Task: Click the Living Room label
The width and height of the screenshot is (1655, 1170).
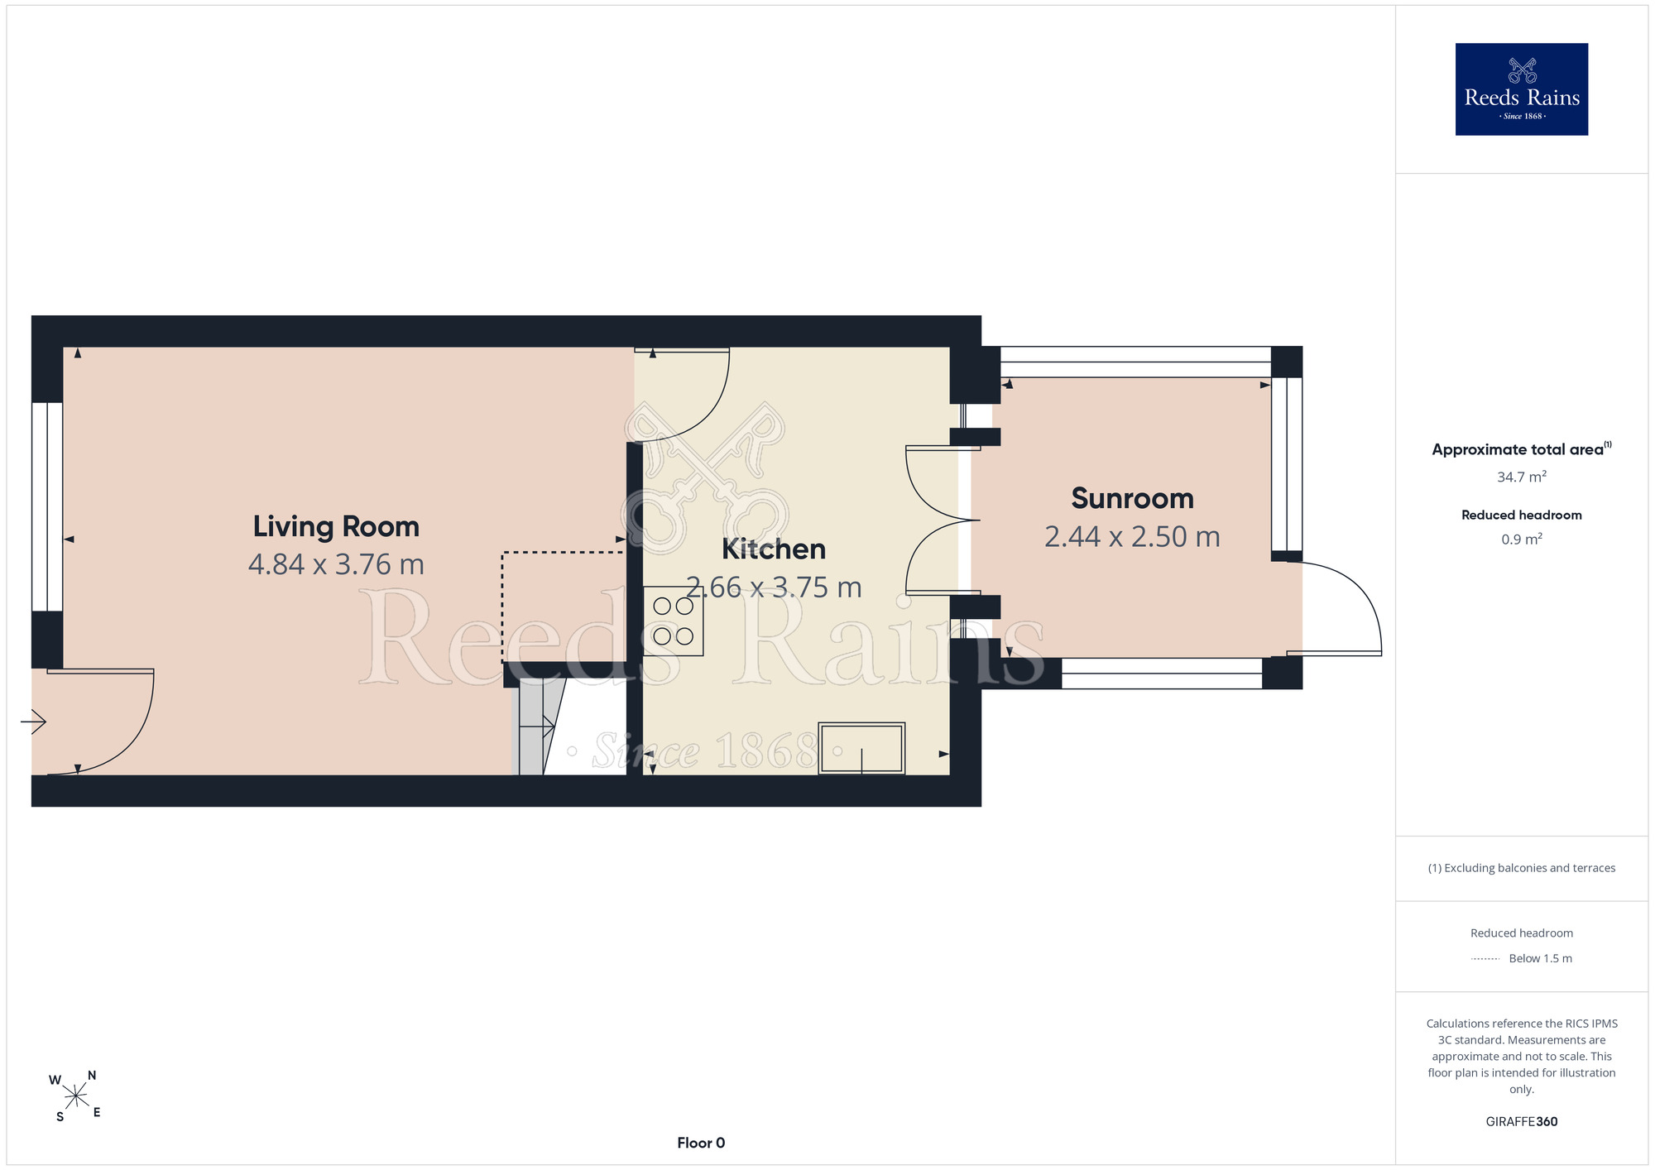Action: point(336,527)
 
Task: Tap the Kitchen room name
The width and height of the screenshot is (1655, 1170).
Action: point(774,549)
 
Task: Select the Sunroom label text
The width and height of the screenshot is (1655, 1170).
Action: point(1132,498)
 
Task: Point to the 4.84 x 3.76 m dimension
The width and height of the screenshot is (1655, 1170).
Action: point(336,564)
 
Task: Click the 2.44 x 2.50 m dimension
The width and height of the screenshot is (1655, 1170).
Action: point(1132,537)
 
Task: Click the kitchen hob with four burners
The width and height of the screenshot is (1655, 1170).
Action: point(673,621)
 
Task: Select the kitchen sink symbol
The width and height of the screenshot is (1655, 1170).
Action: point(861,748)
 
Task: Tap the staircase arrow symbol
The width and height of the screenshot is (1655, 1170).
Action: point(548,727)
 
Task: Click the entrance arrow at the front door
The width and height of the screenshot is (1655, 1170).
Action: point(33,722)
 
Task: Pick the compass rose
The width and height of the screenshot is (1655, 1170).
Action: point(75,1096)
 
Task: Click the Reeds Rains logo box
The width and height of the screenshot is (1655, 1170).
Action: point(1521,89)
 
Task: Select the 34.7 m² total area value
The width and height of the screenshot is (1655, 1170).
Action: point(1522,477)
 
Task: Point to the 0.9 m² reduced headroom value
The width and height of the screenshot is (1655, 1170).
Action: point(1522,539)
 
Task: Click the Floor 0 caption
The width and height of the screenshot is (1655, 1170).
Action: point(701,1143)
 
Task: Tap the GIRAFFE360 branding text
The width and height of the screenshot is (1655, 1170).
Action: point(1522,1122)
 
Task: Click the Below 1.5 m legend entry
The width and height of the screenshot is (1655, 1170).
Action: point(1540,958)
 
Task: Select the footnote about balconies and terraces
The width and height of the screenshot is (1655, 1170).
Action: point(1522,868)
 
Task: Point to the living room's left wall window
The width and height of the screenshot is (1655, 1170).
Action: point(47,506)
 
